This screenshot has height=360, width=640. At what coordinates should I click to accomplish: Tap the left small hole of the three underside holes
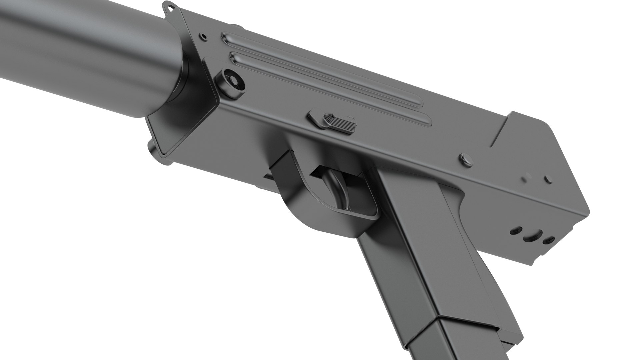pyautogui.click(x=516, y=230)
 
